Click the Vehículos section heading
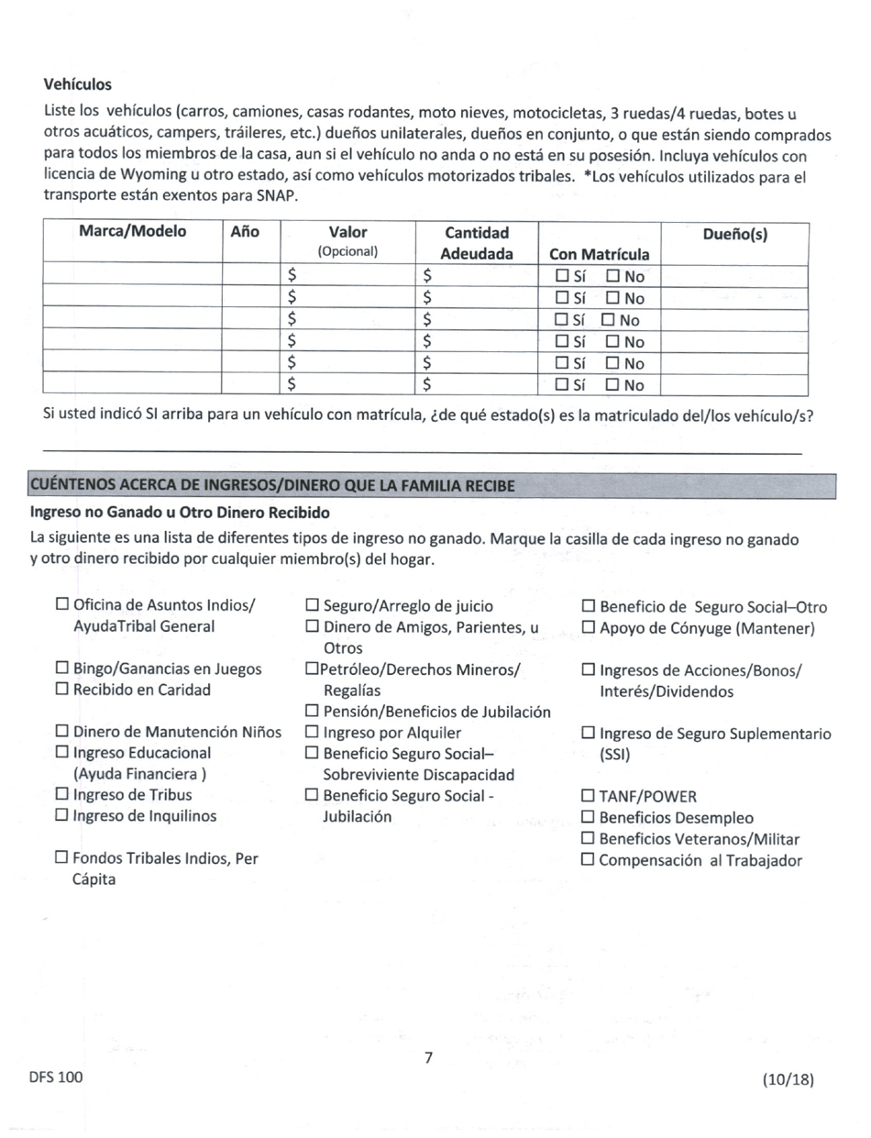78,84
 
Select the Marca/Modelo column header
132,233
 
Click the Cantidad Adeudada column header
476,243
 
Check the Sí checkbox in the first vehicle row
563,275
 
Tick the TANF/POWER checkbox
589,795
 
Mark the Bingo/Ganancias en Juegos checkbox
62,668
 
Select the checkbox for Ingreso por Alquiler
312,732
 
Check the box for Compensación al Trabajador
589,859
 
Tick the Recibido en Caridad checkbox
62,690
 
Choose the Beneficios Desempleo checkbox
589,817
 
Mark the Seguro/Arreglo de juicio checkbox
312,605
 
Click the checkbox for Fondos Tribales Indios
62,858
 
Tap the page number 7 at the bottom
428,1057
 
